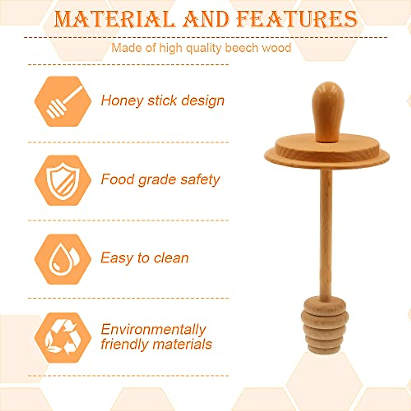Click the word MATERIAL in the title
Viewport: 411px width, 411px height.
tap(114, 20)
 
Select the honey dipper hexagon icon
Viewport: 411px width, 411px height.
tap(63, 101)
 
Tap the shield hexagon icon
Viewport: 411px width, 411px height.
tap(63, 180)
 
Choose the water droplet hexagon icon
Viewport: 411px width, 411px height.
tap(63, 259)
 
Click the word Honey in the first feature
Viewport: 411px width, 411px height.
tap(122, 101)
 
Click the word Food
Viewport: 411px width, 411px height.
tap(118, 179)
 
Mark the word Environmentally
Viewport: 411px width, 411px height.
tap(153, 329)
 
